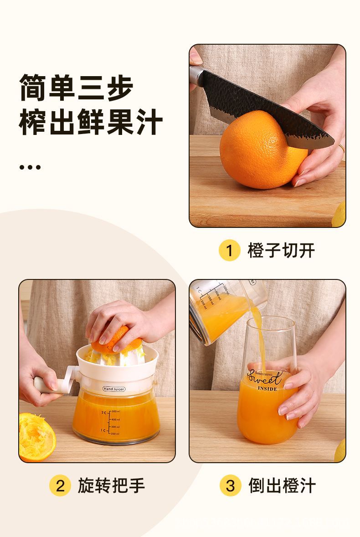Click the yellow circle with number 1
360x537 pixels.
point(230,250)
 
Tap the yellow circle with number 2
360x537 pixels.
point(60,486)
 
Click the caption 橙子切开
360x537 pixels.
point(281,250)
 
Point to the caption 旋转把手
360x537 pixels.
point(111,486)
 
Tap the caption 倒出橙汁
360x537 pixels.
point(282,486)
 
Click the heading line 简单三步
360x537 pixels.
point(76,88)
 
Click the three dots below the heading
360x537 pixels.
point(30,167)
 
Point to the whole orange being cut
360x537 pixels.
point(257,150)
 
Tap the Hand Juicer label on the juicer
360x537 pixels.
point(114,389)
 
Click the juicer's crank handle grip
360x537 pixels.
point(43,384)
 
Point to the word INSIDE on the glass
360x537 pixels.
point(267,389)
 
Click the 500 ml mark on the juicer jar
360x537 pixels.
point(115,412)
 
